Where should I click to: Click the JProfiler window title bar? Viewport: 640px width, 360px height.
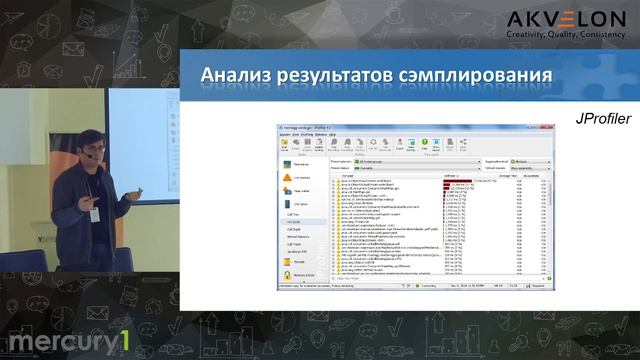pyautogui.click(x=400, y=130)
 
